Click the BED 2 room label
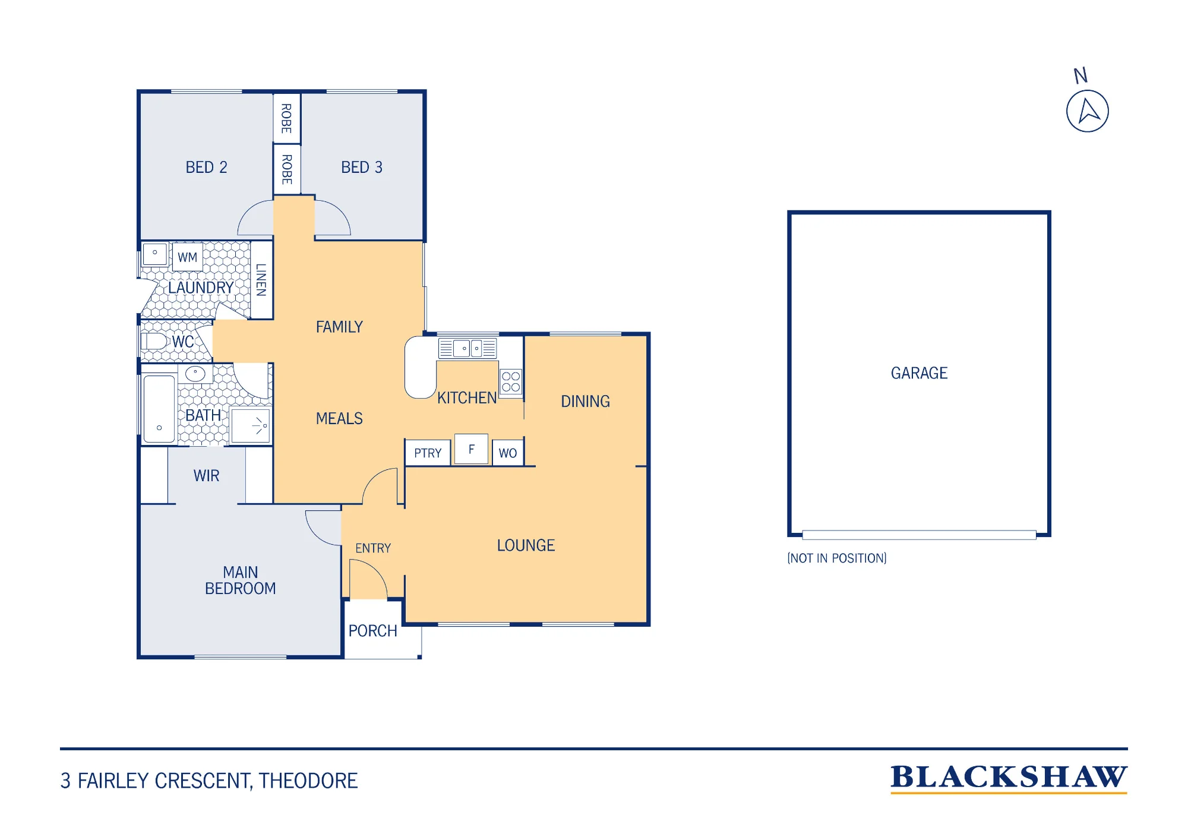[206, 168]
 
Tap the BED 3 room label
[362, 168]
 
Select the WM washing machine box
[187, 257]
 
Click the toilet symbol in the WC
[154, 342]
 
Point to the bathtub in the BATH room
[159, 409]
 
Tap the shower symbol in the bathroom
[251, 425]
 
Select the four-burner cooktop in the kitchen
[511, 381]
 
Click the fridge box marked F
[471, 449]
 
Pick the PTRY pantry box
[428, 453]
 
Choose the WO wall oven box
[508, 453]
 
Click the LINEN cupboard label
[261, 280]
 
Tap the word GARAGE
[919, 373]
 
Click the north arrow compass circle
[1087, 111]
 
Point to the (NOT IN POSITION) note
[836, 558]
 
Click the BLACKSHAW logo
[1009, 778]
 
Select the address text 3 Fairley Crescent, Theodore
[209, 781]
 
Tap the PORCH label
[372, 631]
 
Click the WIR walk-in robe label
[206, 476]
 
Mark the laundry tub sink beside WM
[155, 254]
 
